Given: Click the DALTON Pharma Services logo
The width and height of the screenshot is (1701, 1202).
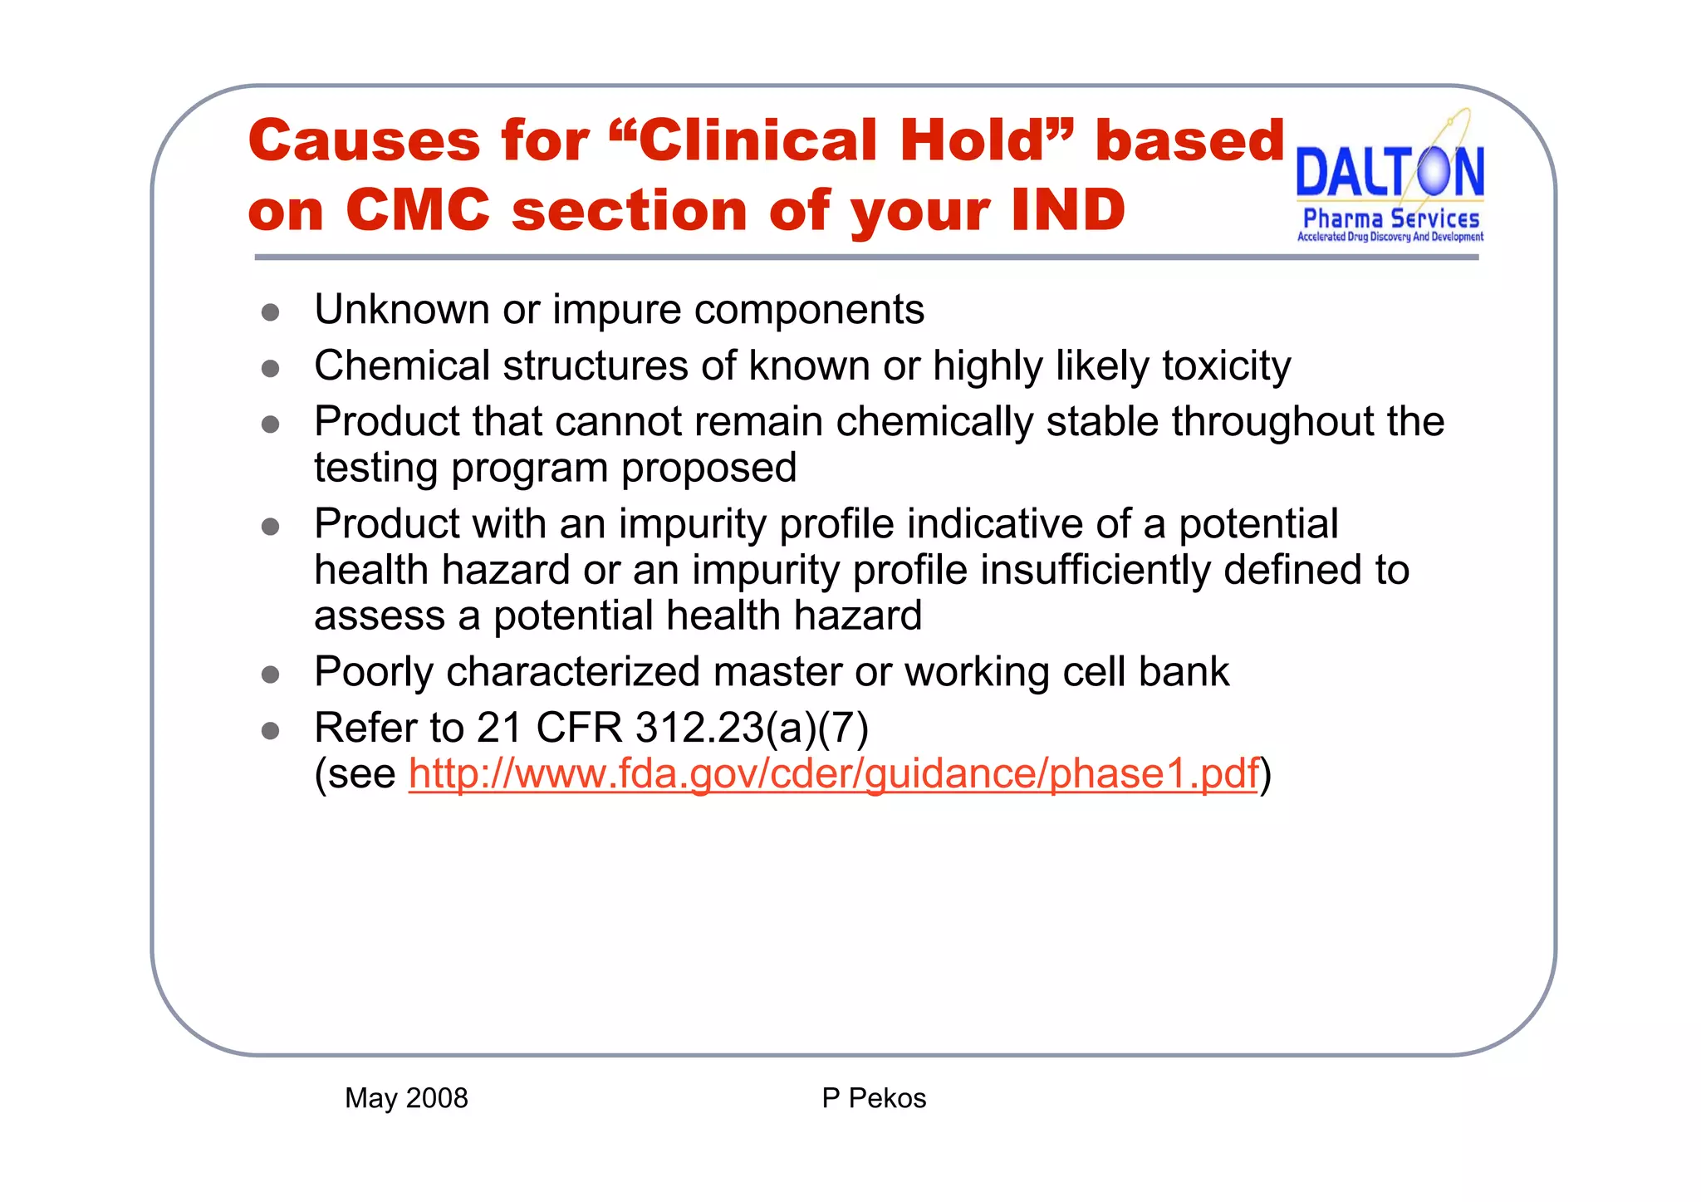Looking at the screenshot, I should [x=1390, y=187].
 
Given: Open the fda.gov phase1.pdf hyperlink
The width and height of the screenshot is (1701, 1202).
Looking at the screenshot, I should [x=833, y=774].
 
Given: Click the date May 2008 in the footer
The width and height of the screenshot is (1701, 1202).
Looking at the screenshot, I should [x=406, y=1098].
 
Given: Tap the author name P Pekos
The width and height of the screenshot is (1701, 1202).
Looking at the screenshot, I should [x=874, y=1098].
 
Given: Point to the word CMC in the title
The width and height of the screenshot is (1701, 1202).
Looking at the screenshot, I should [x=418, y=209].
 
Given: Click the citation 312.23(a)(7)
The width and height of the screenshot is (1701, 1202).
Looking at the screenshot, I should [x=752, y=729].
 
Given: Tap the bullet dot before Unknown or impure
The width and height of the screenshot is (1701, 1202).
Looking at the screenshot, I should [x=270, y=312].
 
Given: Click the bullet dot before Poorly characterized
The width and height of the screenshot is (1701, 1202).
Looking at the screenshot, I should [x=270, y=675].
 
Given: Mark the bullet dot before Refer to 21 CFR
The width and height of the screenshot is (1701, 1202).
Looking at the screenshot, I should [x=270, y=731].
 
